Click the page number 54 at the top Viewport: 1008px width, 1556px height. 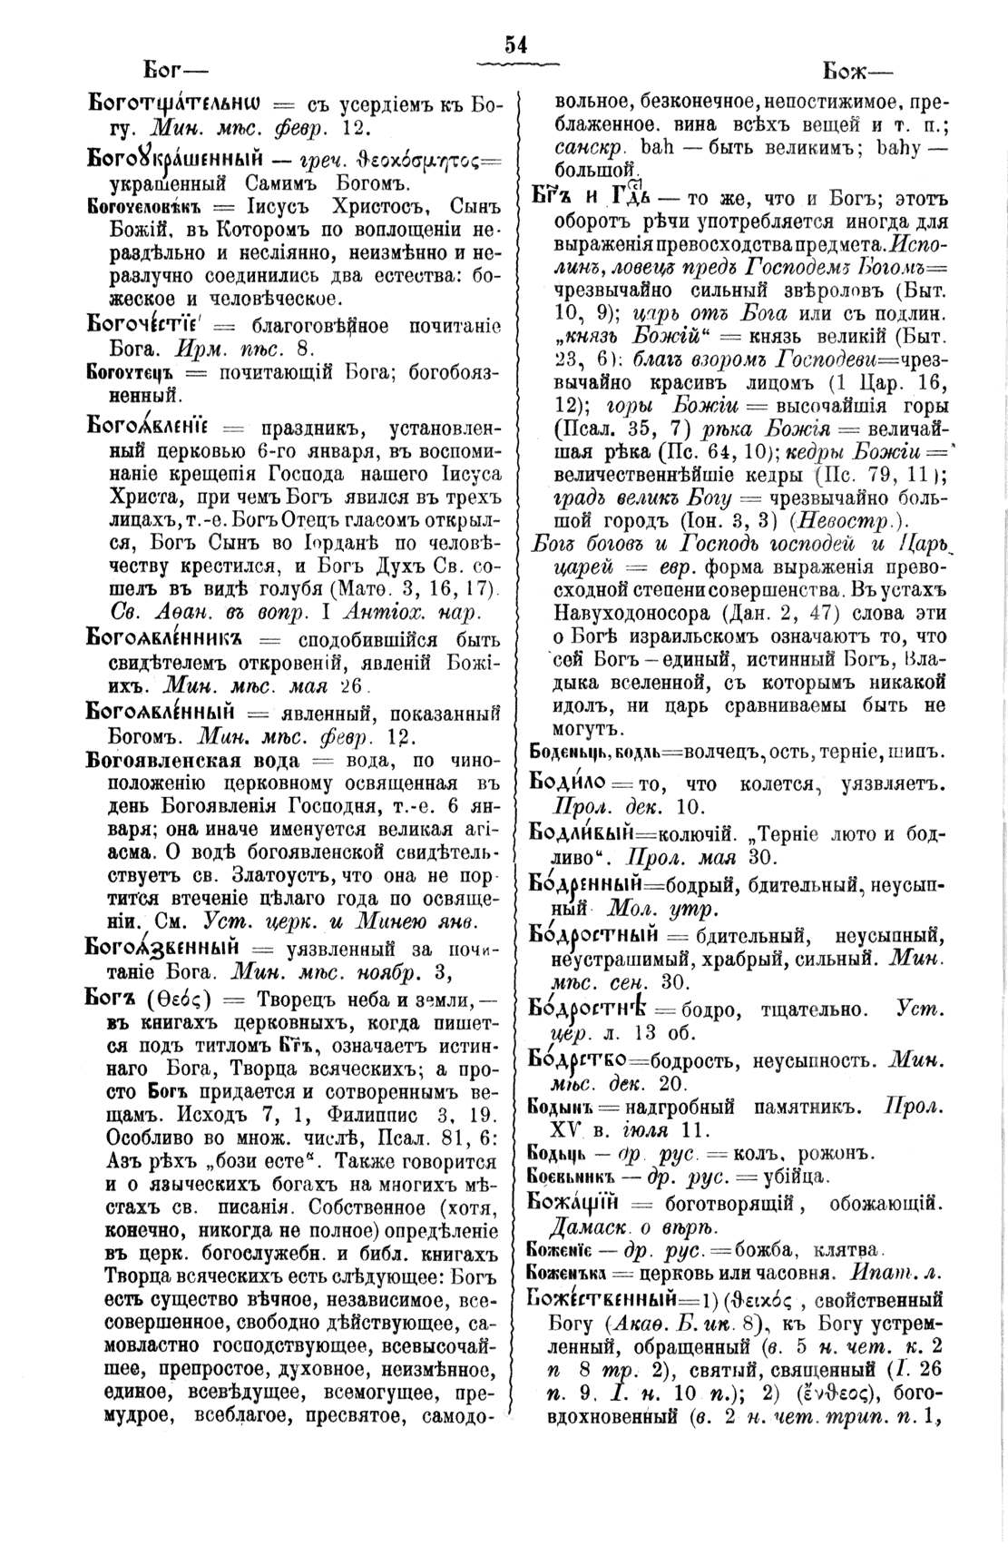coord(516,45)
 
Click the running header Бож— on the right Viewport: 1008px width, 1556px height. coord(856,71)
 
